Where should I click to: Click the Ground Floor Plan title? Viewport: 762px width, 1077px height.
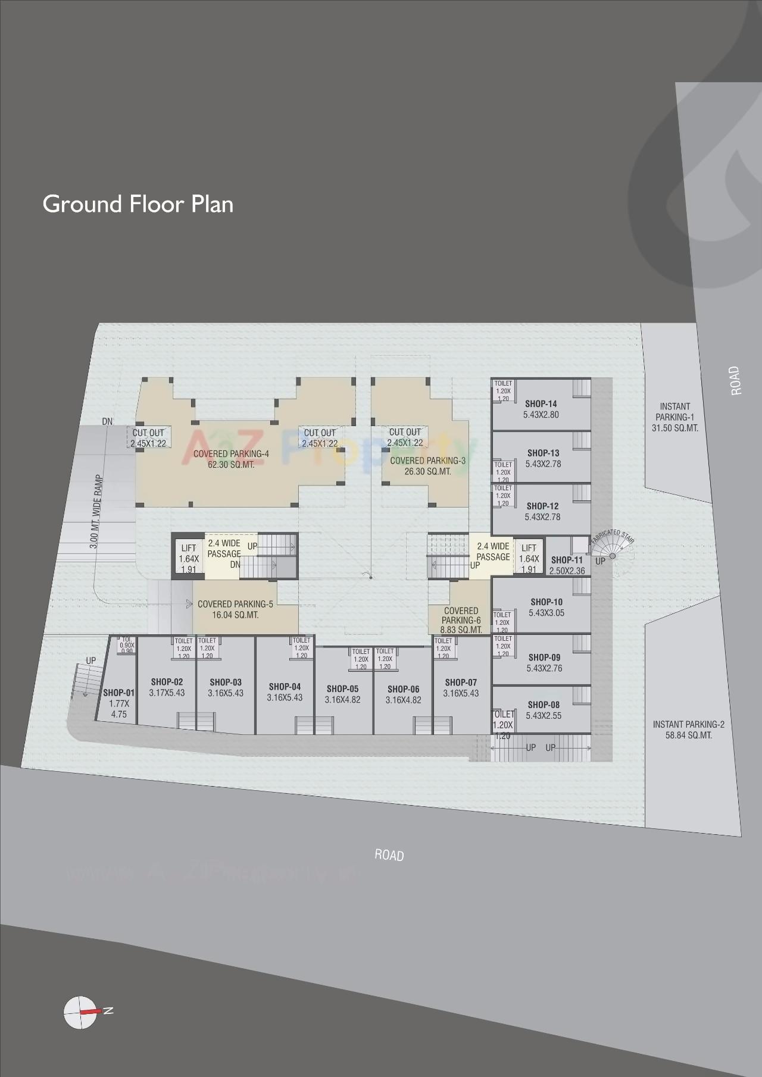[x=138, y=204]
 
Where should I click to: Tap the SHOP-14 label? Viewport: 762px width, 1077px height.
[x=541, y=404]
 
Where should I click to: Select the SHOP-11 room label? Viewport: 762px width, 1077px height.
[x=567, y=560]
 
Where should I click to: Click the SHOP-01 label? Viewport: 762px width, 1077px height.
[x=118, y=693]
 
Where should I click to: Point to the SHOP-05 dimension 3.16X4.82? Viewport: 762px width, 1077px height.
[x=342, y=700]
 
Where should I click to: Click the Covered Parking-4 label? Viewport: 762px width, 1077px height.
[x=231, y=454]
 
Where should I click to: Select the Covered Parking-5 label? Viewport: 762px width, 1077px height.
[x=235, y=604]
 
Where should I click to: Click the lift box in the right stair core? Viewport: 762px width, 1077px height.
[x=529, y=558]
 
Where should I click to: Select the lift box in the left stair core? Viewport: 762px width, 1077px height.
[x=188, y=558]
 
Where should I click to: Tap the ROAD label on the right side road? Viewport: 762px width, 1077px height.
[x=736, y=381]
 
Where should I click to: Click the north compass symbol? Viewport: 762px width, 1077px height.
[x=80, y=1011]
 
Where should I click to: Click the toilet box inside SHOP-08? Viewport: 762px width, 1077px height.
[x=502, y=725]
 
